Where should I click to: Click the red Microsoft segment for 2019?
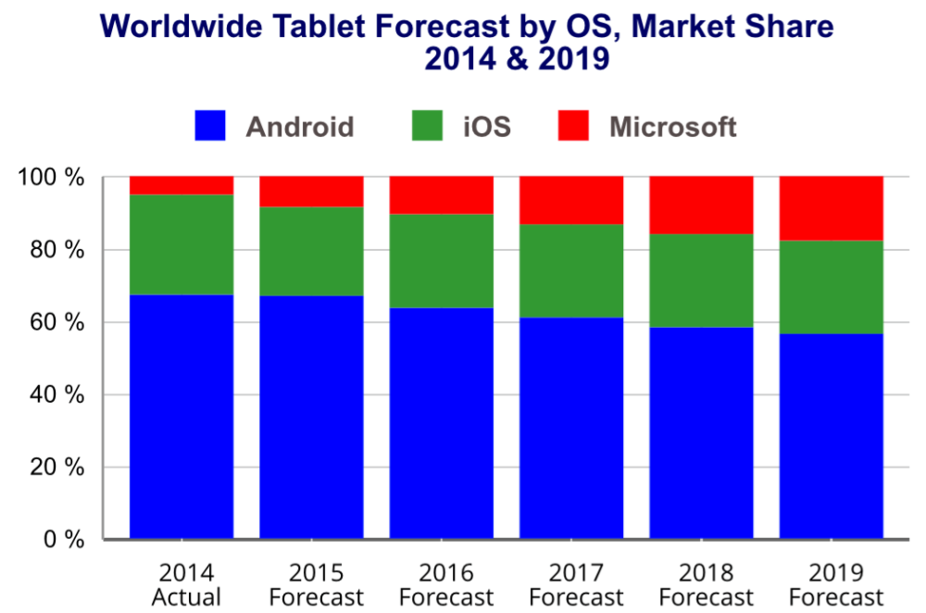pos(831,208)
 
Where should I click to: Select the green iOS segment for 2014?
pos(181,244)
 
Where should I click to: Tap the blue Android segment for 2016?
pos(441,423)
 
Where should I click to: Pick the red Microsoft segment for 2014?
pos(181,185)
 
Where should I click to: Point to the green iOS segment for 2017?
pos(571,271)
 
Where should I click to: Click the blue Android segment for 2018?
pos(701,432)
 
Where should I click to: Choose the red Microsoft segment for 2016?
pos(441,195)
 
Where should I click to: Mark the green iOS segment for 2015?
pos(311,251)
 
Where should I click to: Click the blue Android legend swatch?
pos(210,126)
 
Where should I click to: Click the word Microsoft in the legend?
pos(672,126)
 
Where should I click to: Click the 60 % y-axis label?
pos(57,322)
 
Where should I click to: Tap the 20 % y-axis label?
pos(57,467)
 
